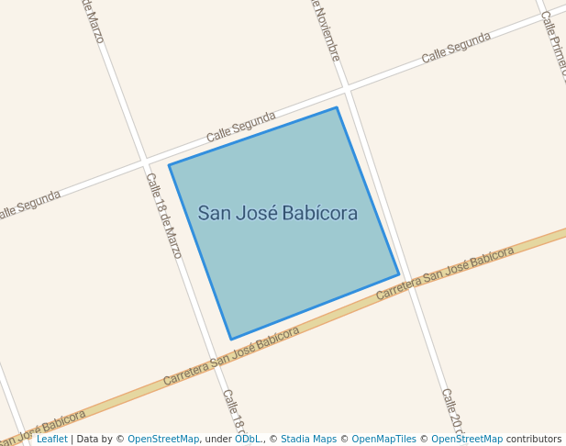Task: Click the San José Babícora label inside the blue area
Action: [277, 214]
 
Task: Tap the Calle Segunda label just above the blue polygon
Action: [240, 127]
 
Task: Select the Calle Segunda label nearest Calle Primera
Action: [456, 48]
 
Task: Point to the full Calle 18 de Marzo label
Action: [163, 216]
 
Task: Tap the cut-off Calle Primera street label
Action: [554, 46]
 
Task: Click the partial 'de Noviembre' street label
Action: [325, 30]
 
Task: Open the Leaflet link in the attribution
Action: [51, 439]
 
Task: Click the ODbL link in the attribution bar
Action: [247, 439]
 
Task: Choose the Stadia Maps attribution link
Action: [308, 439]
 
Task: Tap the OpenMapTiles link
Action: [383, 439]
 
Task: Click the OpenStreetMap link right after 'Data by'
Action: [163, 439]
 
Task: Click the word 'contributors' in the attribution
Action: [533, 439]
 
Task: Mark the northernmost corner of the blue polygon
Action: [337, 108]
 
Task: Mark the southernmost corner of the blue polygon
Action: [231, 340]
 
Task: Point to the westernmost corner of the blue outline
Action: [169, 165]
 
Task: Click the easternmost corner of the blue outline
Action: [399, 274]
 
